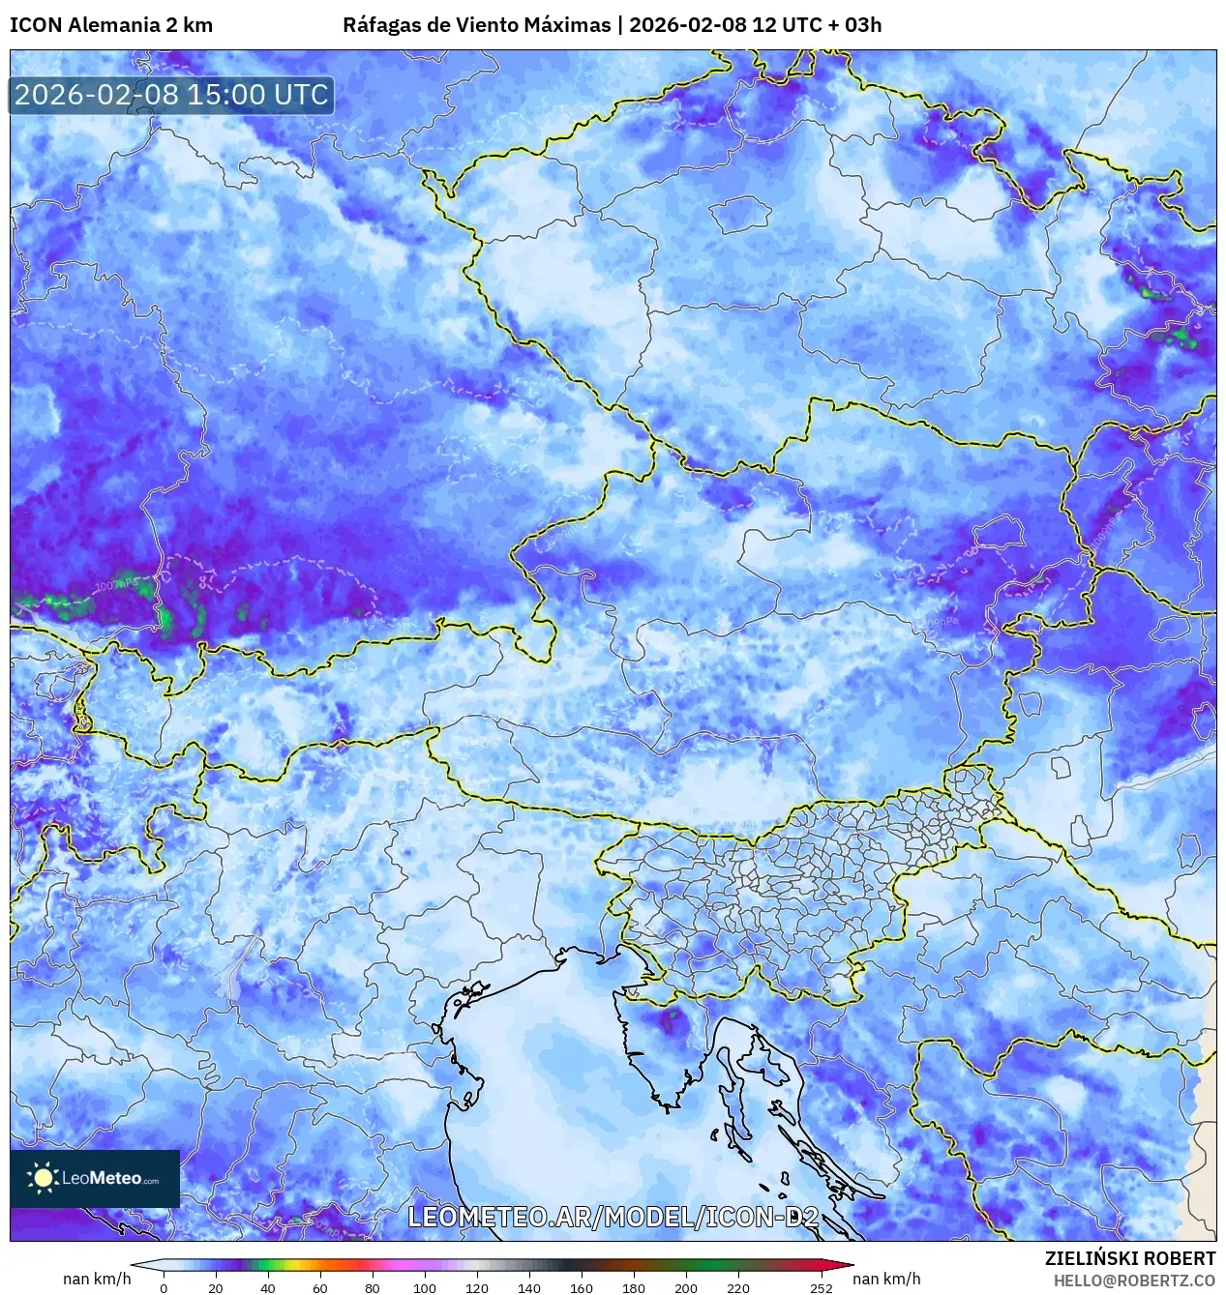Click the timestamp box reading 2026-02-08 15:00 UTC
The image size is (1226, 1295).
[x=171, y=95]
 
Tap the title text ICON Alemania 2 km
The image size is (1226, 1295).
[x=111, y=25]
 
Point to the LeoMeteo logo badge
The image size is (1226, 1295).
[x=95, y=1178]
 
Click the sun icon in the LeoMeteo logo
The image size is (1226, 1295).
[x=43, y=1177]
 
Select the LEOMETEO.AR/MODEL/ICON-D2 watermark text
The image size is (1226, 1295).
[x=613, y=1218]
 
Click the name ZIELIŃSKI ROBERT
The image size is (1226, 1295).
[x=1129, y=1258]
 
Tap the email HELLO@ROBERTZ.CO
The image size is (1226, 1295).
[x=1134, y=1280]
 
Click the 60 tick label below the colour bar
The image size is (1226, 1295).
[x=320, y=1287]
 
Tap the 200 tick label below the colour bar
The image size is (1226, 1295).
[x=686, y=1287]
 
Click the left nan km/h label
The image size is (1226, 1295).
[x=97, y=1279]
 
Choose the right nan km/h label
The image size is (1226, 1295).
[x=886, y=1279]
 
